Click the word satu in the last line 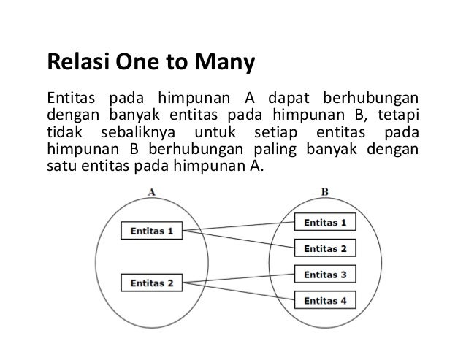(x=58, y=166)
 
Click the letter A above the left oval (x=151, y=192)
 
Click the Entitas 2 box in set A (x=152, y=283)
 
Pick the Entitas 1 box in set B (x=325, y=221)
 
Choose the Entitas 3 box (x=325, y=275)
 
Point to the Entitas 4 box (x=325, y=299)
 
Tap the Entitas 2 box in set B (x=325, y=248)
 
